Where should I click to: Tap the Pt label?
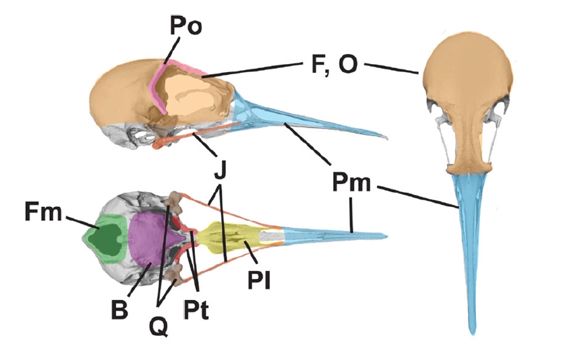(196, 312)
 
